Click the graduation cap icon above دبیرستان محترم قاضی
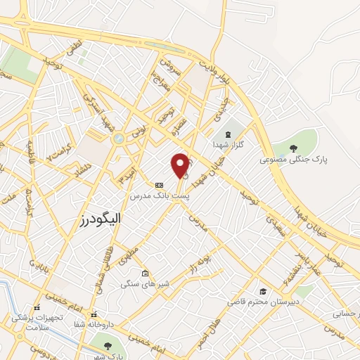(x=262, y=290)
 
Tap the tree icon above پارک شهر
(x=108, y=345)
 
